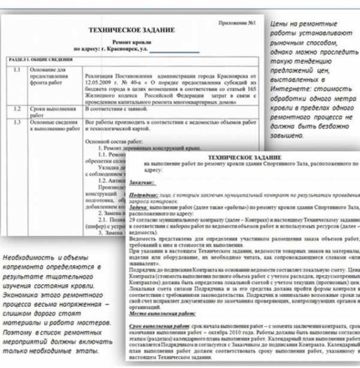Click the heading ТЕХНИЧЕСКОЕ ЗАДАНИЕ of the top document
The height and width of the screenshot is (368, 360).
[131, 29]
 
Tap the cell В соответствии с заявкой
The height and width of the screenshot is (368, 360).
[116, 110]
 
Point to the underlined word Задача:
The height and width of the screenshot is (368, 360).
[139, 207]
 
